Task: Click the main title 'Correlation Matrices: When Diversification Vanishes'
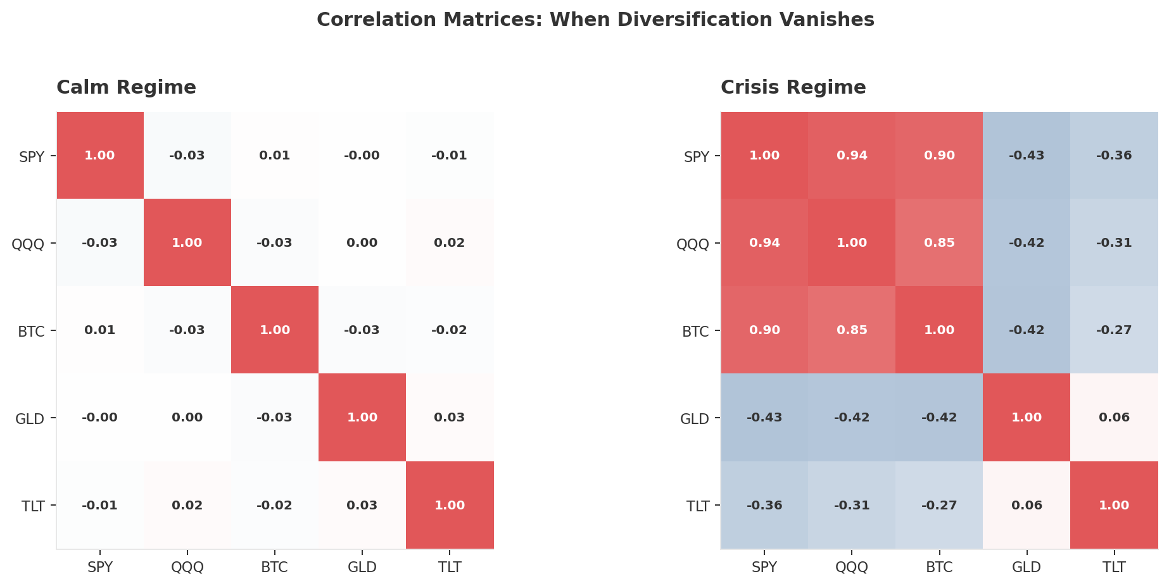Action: pos(595,20)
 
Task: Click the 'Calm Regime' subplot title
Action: pos(126,87)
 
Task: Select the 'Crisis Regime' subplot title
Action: pos(793,87)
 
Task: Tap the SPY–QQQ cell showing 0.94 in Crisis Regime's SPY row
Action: pos(852,156)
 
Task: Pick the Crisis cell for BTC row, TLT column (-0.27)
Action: pos(1114,330)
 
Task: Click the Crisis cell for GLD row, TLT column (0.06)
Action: pos(1114,417)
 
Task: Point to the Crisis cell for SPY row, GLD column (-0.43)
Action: pos(1027,156)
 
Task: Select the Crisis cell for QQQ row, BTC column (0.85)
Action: pos(939,243)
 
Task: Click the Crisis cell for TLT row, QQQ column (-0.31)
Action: pos(852,505)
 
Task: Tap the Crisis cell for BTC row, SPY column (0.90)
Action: pos(764,330)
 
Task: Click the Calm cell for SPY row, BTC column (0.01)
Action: pos(275,156)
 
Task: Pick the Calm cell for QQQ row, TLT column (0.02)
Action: pos(450,243)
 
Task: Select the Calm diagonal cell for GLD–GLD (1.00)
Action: pos(362,417)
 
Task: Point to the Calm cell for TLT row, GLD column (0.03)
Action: pos(362,505)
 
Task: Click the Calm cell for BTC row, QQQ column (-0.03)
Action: pos(187,330)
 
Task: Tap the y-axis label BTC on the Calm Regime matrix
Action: pos(31,331)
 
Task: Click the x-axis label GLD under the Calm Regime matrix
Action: pos(362,567)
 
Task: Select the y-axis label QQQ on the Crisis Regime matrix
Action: pos(693,244)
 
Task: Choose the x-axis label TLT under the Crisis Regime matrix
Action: pos(1114,567)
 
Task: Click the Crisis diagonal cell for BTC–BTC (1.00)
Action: pos(939,330)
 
